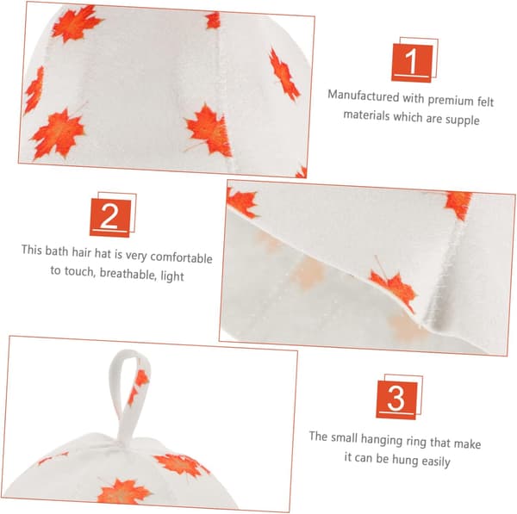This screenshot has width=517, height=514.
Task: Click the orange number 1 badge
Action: (x=412, y=63)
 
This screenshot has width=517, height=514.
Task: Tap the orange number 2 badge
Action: (x=110, y=217)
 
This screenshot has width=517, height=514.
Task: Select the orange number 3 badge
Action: (x=396, y=399)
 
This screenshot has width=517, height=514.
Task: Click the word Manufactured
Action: (x=364, y=96)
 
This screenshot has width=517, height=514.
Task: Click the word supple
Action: (x=462, y=120)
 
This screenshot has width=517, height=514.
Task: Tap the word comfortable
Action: (x=181, y=257)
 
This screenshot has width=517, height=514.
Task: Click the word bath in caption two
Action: (x=57, y=251)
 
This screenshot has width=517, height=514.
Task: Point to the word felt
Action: (x=485, y=101)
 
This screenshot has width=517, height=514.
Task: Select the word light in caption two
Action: (x=172, y=276)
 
